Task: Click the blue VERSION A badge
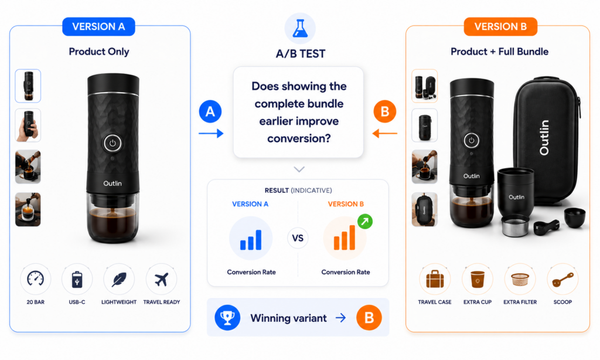pyautogui.click(x=98, y=26)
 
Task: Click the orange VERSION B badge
pyautogui.click(x=500, y=26)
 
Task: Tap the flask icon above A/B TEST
pyautogui.click(x=300, y=28)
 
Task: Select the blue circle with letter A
pyautogui.click(x=210, y=111)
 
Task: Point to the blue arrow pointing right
pyautogui.click(x=211, y=133)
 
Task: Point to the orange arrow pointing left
pyautogui.click(x=384, y=133)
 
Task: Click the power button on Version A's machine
pyautogui.click(x=112, y=143)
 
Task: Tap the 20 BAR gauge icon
pyautogui.click(x=35, y=279)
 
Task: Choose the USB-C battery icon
pyautogui.click(x=77, y=279)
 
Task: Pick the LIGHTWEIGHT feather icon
pyautogui.click(x=119, y=279)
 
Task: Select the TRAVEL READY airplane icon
pyautogui.click(x=162, y=279)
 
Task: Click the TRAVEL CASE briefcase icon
pyautogui.click(x=435, y=279)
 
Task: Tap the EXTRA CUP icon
pyautogui.click(x=478, y=279)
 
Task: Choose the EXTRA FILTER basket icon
pyautogui.click(x=520, y=279)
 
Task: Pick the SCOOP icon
pyautogui.click(x=562, y=279)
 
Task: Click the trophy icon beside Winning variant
pyautogui.click(x=227, y=317)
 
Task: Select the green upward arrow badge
pyautogui.click(x=365, y=222)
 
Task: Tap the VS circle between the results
pyautogui.click(x=298, y=238)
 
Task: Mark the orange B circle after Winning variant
pyautogui.click(x=369, y=317)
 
